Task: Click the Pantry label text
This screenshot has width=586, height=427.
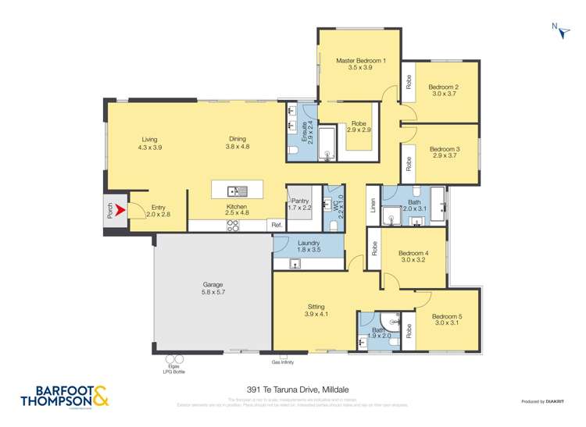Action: pos(300,201)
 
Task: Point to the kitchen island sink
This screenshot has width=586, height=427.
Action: pos(237,190)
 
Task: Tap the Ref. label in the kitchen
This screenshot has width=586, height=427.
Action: pos(276,225)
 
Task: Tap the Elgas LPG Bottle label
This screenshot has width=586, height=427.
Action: pos(174,367)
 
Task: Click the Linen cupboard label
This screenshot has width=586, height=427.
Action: pos(373,205)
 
